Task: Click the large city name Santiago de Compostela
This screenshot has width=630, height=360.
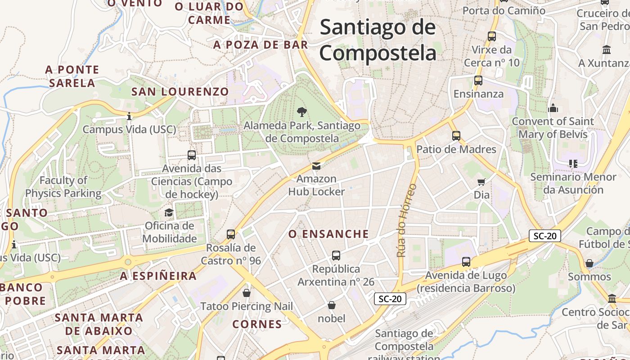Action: [x=378, y=40]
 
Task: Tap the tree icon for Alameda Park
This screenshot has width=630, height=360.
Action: [x=302, y=112]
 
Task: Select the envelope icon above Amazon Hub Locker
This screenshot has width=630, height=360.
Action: [x=316, y=166]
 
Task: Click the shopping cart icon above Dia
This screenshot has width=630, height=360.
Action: [x=481, y=182]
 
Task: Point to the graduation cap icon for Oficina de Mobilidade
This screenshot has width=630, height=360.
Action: [x=169, y=212]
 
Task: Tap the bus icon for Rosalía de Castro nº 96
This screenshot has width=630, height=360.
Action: [x=231, y=234]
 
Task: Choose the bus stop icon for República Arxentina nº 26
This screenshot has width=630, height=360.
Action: [x=336, y=256]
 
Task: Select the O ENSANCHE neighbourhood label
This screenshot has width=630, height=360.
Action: [x=328, y=234]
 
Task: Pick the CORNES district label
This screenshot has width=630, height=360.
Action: [x=257, y=324]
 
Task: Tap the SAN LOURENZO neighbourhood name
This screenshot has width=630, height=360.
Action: [x=180, y=92]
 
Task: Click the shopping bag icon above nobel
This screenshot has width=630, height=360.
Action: [x=332, y=305]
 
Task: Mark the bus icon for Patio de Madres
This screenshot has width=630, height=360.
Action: [x=456, y=135]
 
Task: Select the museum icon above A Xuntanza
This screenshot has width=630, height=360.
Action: [x=607, y=49]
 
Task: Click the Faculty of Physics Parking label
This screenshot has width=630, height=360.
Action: [x=63, y=187]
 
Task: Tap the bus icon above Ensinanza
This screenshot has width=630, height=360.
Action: [x=478, y=81]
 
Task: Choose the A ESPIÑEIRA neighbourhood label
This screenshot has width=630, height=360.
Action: [x=158, y=276]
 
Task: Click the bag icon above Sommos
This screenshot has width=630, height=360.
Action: [x=589, y=263]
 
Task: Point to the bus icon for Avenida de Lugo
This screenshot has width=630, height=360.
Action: [x=466, y=261]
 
